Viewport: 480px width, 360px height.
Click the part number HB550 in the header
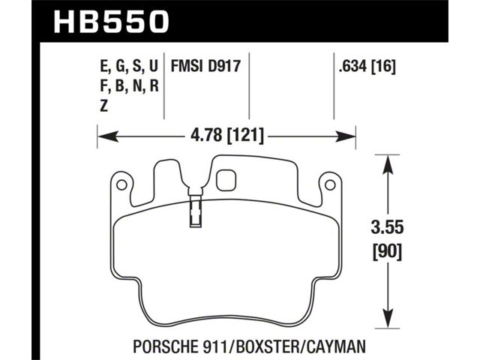click(x=112, y=22)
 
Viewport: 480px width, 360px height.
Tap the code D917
click(x=224, y=66)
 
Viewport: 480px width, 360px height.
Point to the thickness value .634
click(x=352, y=67)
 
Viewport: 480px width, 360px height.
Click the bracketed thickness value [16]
click(x=383, y=67)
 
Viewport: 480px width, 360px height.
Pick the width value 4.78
click(x=206, y=135)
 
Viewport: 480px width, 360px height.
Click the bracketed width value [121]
click(x=244, y=135)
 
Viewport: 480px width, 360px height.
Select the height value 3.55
click(x=387, y=228)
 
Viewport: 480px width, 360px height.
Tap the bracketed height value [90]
click(x=387, y=252)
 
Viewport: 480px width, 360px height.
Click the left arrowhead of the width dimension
click(x=108, y=136)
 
